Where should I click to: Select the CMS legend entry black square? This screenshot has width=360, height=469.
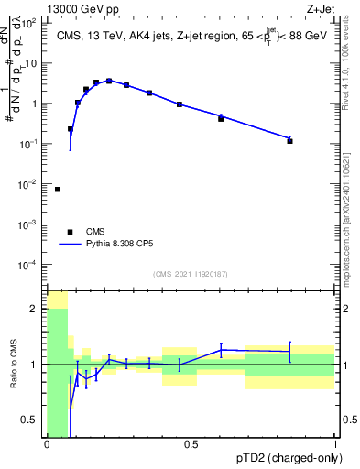pos(68,232)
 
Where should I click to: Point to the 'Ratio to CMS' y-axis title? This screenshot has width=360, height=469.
pos(16,365)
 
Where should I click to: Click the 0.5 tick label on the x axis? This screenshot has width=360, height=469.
pos(191,444)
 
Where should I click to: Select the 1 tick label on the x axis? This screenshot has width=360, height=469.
pos(335,444)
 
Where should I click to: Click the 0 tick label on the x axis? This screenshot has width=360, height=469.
pos(47,444)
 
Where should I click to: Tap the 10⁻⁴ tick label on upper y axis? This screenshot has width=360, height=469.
pos(30,265)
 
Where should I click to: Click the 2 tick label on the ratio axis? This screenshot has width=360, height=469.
pos(34,309)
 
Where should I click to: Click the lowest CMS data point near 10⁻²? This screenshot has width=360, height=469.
pos(58,190)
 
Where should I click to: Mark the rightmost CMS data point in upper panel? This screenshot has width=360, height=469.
pos(289,141)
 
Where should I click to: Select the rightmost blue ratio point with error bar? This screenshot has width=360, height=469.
pos(289,352)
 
